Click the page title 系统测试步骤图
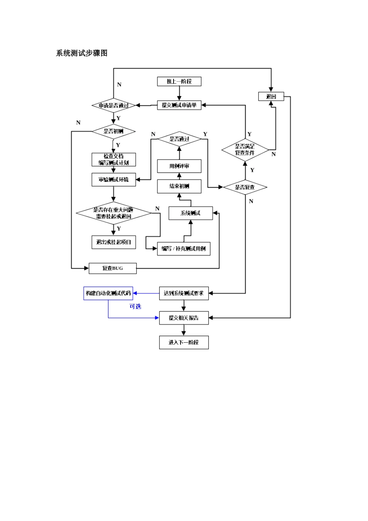pos(82,53)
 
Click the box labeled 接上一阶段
pos(179,81)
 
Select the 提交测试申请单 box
pos(179,105)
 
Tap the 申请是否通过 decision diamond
pos(113,105)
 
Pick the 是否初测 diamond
pos(113,131)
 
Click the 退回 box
pos(271,97)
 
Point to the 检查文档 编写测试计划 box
pos(113,159)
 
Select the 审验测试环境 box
pos(113,179)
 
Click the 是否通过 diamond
pos(179,139)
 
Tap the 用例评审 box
pos(179,166)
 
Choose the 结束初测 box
pos(179,186)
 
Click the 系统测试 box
pos(190,213)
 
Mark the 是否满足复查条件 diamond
pos(245,150)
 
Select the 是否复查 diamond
pos(245,187)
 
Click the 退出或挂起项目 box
pos(113,242)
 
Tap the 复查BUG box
pos(112,268)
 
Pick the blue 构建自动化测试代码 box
pos(108,293)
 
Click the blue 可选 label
pos(135,307)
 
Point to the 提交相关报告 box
pos(184,318)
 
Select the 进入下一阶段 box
pos(184,342)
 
